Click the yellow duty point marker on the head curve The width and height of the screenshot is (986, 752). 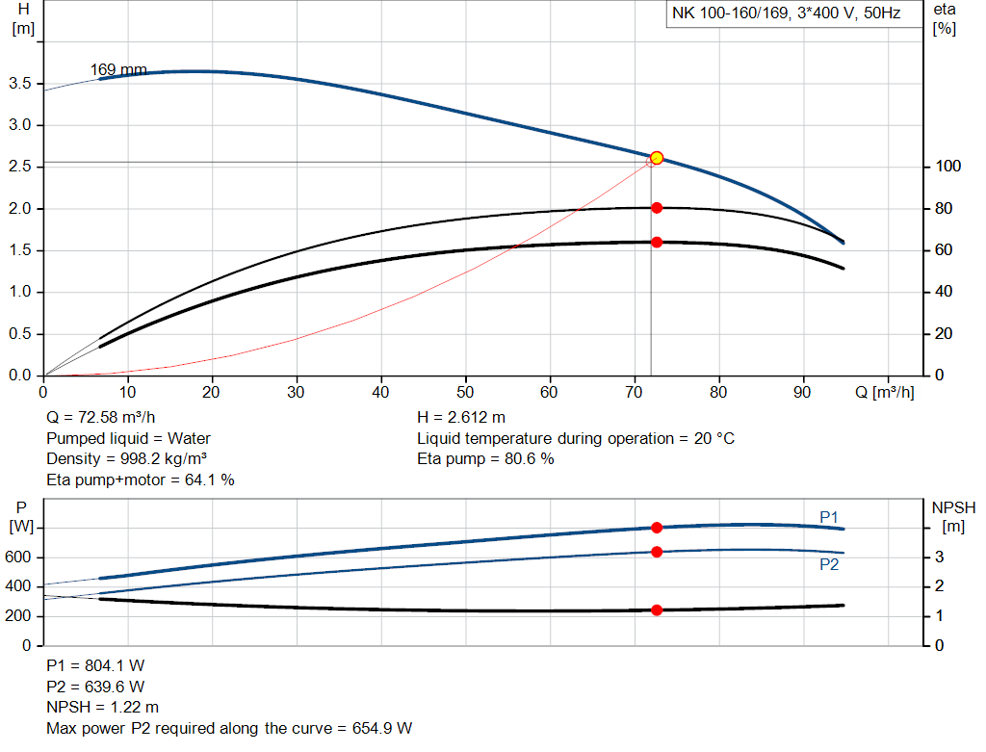tap(657, 158)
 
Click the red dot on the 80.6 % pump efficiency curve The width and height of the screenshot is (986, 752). tap(657, 208)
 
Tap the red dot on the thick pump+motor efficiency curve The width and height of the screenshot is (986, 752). tap(657, 242)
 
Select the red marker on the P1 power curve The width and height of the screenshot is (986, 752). tap(657, 528)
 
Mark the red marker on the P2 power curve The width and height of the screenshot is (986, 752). tap(657, 552)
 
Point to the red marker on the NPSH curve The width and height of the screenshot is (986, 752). tap(657, 609)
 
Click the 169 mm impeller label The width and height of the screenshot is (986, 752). tap(118, 69)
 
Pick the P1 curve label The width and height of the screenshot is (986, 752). tap(829, 518)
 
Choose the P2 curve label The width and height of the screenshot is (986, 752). tap(829, 564)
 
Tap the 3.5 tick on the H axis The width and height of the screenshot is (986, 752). tap(22, 84)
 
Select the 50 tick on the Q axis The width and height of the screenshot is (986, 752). tap(466, 392)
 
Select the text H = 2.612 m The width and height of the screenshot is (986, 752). tap(461, 418)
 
